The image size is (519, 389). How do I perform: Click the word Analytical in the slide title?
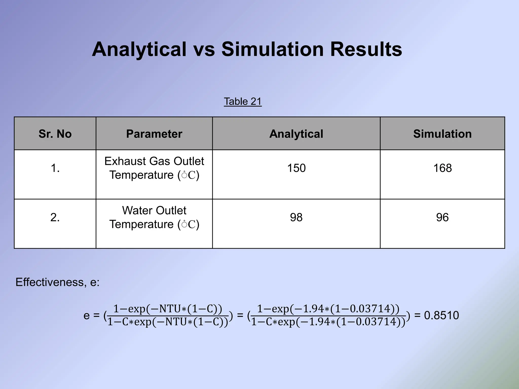(139, 49)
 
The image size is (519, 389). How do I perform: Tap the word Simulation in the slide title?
(272, 49)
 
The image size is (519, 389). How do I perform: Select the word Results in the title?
(366, 49)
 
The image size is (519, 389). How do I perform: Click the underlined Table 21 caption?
(243, 102)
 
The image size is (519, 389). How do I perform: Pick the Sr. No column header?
(55, 134)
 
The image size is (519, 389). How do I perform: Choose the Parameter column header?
(154, 134)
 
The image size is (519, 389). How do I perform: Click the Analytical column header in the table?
(296, 134)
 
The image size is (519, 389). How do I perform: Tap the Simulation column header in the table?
(442, 134)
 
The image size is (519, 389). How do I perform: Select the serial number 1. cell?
(55, 168)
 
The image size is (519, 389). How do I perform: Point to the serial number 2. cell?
(55, 217)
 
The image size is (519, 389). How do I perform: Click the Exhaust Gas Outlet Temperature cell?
(154, 168)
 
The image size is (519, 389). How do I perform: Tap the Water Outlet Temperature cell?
(154, 217)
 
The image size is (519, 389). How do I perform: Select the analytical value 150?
(296, 168)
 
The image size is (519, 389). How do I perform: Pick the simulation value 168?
(442, 168)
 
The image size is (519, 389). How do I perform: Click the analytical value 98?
(296, 217)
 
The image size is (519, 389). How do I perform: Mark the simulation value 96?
(442, 217)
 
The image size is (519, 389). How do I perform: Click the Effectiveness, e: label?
(58, 282)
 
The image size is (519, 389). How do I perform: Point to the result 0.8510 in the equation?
(441, 316)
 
